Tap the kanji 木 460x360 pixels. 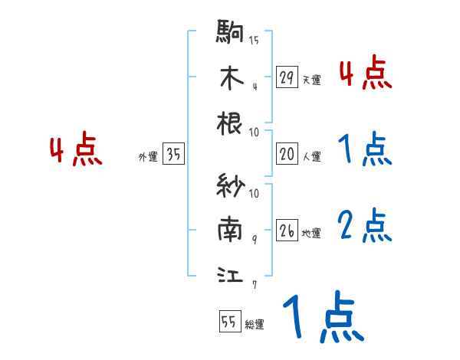231,78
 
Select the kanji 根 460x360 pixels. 231,122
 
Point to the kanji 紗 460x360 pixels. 231,187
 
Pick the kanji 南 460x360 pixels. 231,230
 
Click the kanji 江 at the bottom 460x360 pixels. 231,273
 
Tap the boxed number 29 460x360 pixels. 287,77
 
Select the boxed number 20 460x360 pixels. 287,154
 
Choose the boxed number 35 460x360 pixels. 173,155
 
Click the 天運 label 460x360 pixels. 311,80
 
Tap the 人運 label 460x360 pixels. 311,156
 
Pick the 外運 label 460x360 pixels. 147,157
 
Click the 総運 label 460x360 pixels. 255,324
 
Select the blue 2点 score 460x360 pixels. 365,225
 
